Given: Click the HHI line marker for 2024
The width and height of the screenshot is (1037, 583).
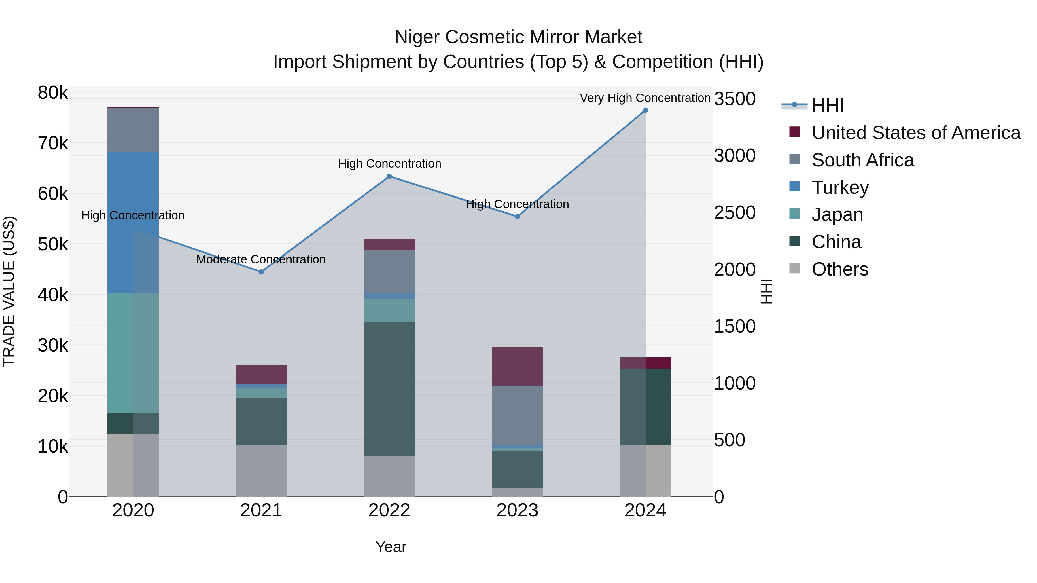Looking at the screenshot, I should [x=645, y=110].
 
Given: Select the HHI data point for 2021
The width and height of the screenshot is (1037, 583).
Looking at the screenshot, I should [x=261, y=272].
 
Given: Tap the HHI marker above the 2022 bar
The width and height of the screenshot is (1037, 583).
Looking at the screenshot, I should [x=389, y=176].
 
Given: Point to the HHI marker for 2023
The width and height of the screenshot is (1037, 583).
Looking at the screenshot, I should [x=517, y=217].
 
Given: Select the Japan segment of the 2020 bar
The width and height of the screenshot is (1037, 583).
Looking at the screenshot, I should [x=133, y=353].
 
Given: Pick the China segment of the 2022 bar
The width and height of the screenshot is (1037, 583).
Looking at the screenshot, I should [x=389, y=389].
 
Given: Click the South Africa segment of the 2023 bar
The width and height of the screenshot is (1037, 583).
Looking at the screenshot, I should [x=517, y=415].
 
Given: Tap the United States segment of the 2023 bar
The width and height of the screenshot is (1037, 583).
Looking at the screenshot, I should [x=517, y=366].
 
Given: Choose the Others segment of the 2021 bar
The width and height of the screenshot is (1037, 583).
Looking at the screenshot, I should [x=261, y=471].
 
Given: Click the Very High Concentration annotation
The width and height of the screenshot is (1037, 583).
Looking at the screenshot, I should [x=645, y=98].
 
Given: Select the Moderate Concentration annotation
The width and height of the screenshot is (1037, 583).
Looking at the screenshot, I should [x=261, y=259].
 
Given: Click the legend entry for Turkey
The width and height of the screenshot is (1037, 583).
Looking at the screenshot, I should [x=840, y=187].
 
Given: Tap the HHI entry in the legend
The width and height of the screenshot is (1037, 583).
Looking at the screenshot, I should [x=827, y=105].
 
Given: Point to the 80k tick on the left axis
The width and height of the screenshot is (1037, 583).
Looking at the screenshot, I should [x=53, y=93].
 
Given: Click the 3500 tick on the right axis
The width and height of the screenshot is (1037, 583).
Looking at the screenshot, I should [x=735, y=99].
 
